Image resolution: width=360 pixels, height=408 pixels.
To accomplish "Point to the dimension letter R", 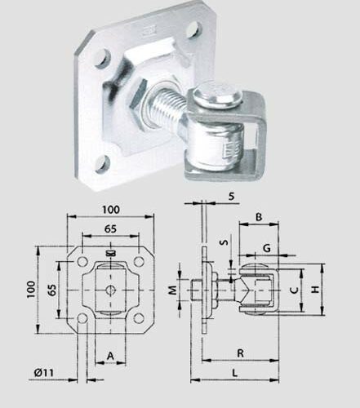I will tap(239, 352).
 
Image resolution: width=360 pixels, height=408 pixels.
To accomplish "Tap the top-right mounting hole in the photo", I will tap(193, 32).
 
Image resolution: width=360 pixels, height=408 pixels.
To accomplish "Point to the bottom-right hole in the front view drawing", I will tap(138, 321).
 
